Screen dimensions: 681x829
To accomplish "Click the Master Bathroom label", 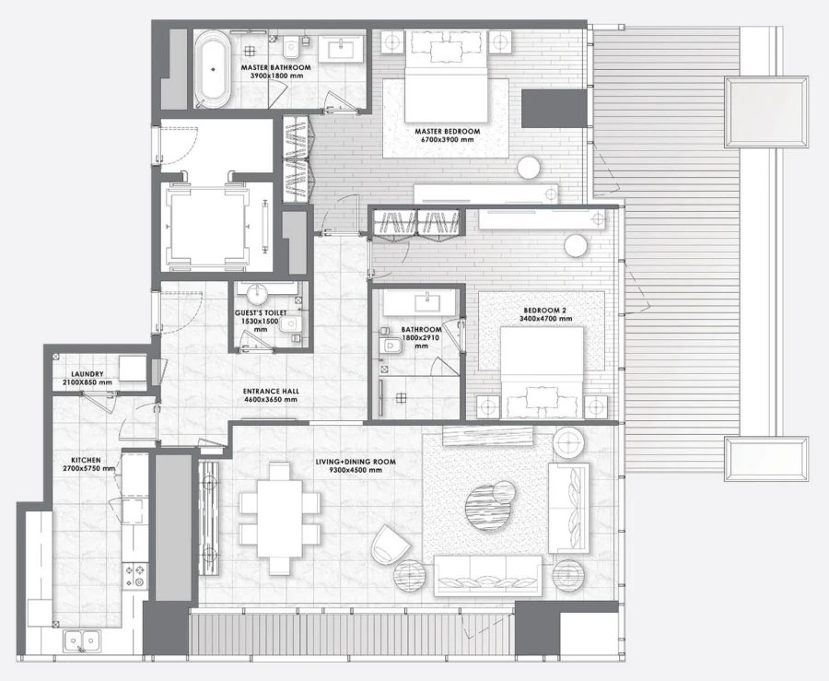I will click(275, 67).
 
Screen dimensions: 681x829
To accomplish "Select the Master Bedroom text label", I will click(447, 132).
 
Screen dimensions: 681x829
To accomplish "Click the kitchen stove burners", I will click(138, 576).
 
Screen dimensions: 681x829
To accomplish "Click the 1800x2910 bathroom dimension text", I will click(422, 338).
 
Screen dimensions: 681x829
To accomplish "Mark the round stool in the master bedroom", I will click(529, 167).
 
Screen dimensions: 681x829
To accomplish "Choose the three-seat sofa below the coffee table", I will click(488, 576).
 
